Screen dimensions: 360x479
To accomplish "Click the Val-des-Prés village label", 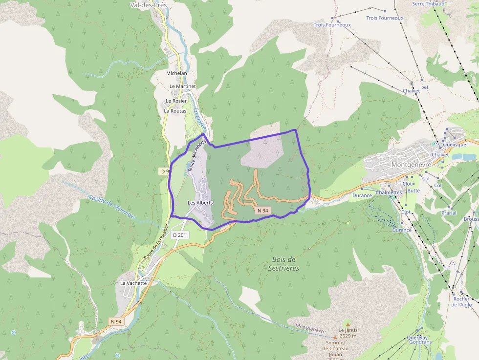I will [149, 5].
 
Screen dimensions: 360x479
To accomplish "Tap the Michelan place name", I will [176, 73].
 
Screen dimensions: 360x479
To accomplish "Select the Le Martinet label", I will [182, 86].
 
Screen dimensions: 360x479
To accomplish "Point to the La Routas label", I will [174, 111].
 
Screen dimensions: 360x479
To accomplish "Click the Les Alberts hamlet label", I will [200, 202].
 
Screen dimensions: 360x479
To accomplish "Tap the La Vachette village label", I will [133, 283].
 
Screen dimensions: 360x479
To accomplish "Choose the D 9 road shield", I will [165, 171].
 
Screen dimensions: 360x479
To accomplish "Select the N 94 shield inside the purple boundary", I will [263, 211].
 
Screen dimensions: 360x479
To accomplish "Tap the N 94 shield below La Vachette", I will [116, 321].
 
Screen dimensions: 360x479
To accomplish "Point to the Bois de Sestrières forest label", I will [283, 264].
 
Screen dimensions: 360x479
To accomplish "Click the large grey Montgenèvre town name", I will [411, 165].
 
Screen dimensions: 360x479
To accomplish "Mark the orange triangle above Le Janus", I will [348, 323].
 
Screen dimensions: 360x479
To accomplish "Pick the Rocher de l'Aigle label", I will [461, 302].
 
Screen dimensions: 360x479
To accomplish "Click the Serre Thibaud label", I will [428, 4].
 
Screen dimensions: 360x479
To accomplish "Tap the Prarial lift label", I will [449, 213].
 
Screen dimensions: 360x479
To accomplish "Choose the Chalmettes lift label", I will [389, 192].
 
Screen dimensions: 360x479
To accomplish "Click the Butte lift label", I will [414, 191].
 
